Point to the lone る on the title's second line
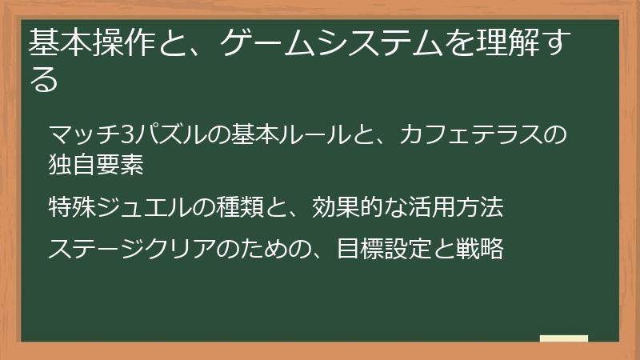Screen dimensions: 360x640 43,79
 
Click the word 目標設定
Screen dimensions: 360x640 384,248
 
